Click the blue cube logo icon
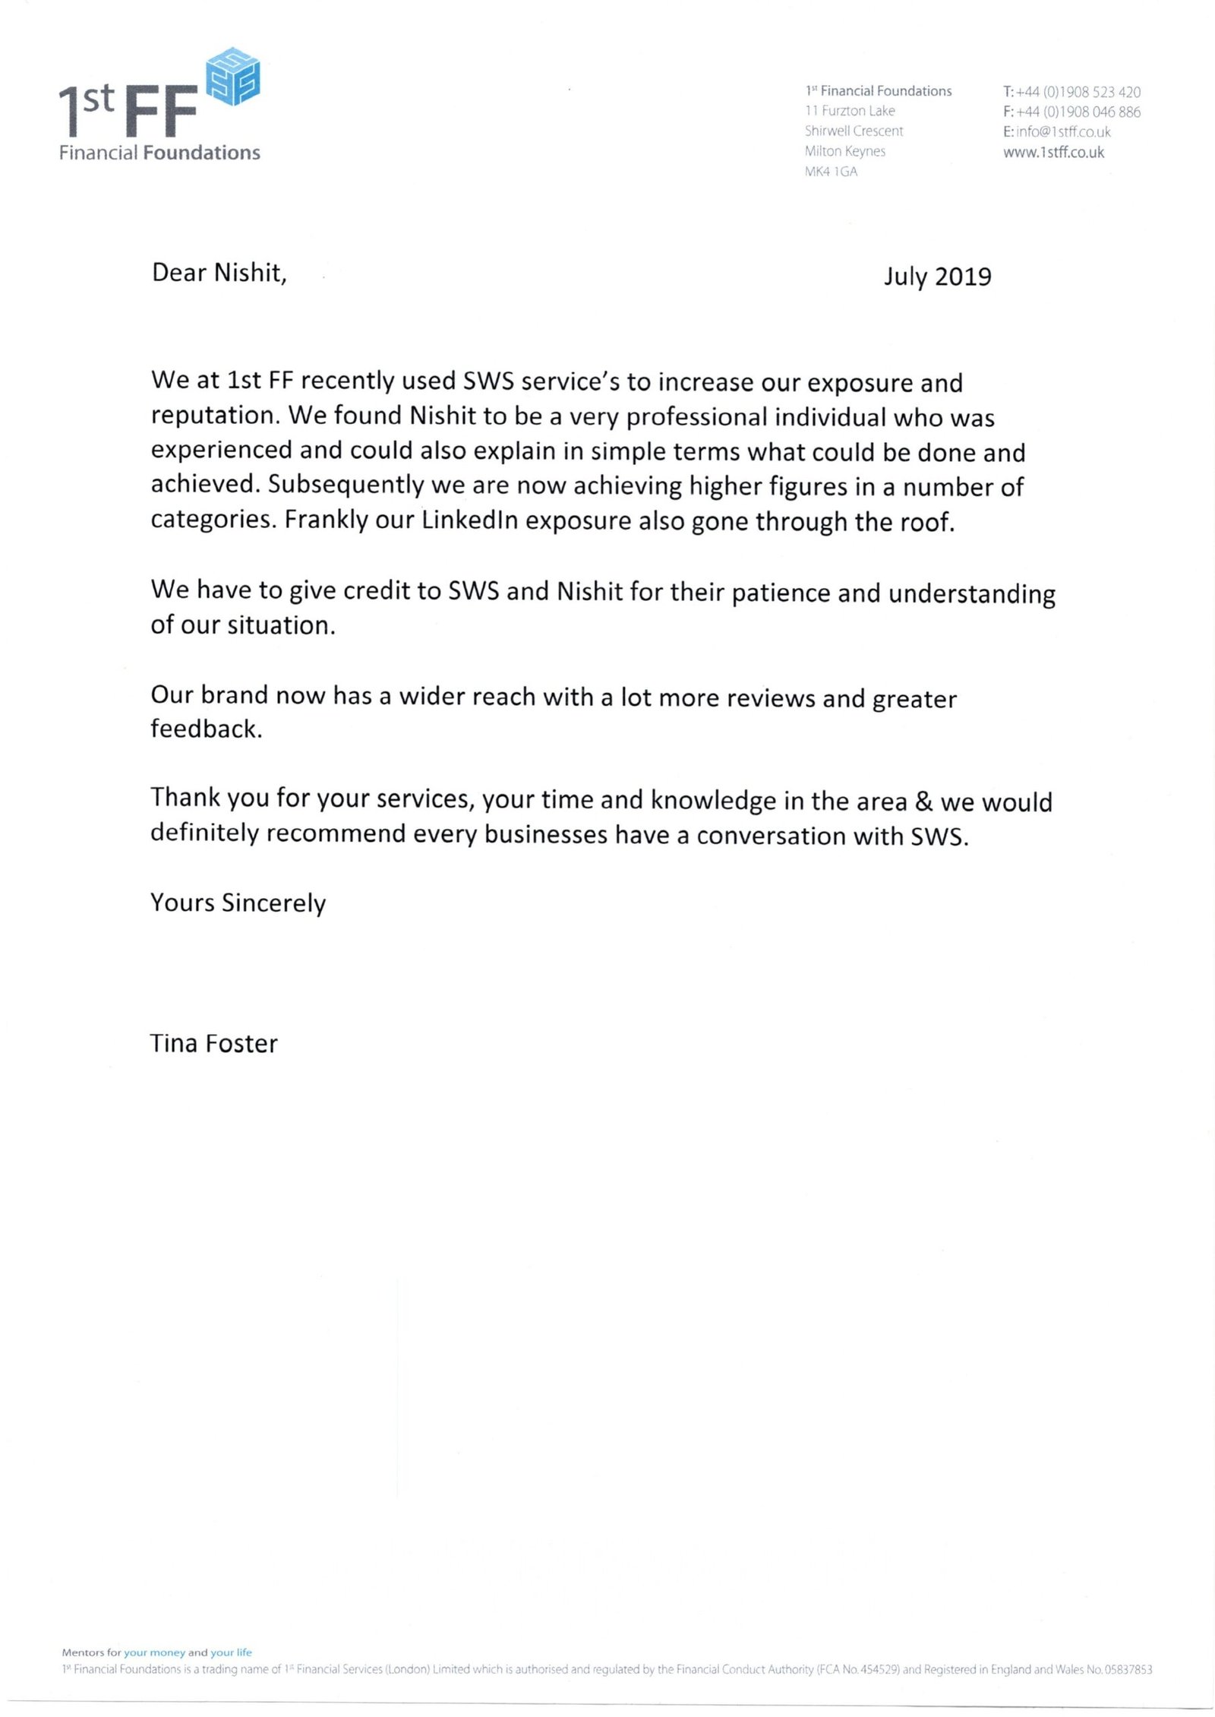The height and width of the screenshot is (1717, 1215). [x=234, y=76]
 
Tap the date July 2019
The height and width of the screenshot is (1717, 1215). [x=937, y=277]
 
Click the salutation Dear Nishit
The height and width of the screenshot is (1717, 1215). [x=219, y=273]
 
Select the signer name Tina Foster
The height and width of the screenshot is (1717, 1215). [x=213, y=1044]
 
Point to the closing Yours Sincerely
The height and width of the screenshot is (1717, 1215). [x=238, y=903]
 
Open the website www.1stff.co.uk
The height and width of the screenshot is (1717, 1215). [x=1053, y=152]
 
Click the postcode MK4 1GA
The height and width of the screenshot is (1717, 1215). [x=831, y=172]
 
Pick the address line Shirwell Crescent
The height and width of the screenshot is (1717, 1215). [x=854, y=131]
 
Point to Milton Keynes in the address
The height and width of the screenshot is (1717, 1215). [x=844, y=151]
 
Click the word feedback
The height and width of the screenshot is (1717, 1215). [x=205, y=729]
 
